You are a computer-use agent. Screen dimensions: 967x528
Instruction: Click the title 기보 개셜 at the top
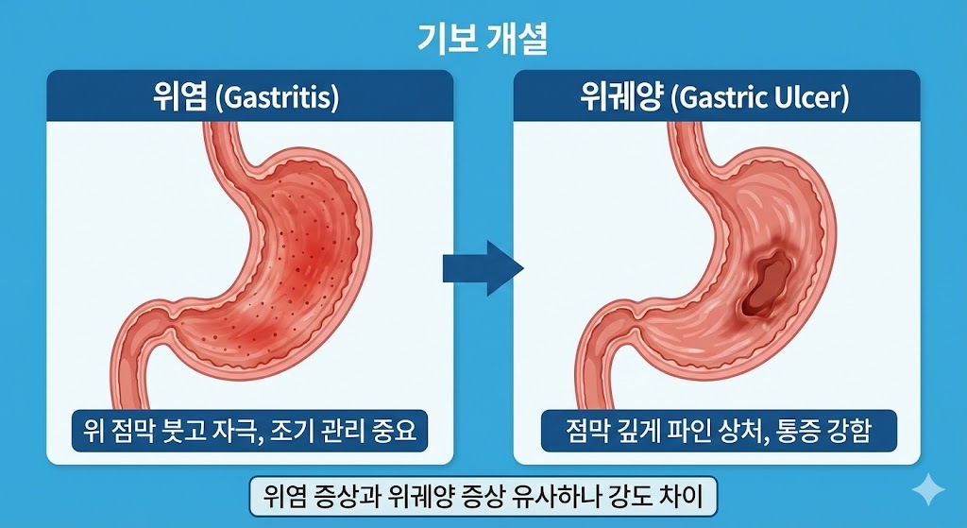[483, 39]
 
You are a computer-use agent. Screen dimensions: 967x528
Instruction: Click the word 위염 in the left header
[179, 97]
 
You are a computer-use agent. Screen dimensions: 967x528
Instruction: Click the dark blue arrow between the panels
[483, 268]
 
